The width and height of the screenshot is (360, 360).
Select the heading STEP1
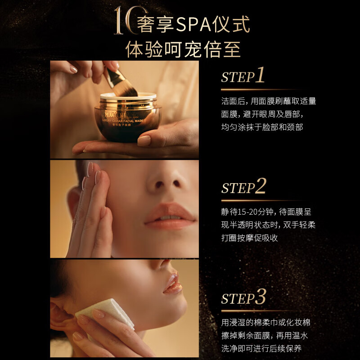(243, 76)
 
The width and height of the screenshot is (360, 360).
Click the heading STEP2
(243, 187)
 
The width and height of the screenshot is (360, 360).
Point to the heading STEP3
(243, 297)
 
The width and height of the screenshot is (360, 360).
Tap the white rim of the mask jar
(128, 97)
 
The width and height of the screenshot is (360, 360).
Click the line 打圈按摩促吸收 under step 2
(249, 238)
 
